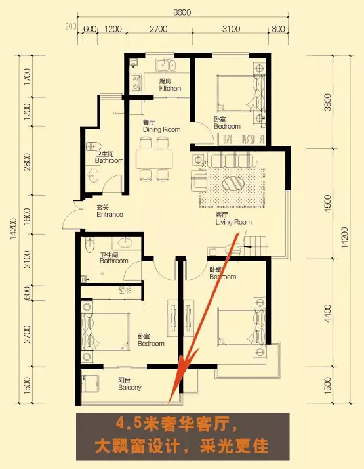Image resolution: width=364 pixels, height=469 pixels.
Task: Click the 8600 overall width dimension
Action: coord(182,12)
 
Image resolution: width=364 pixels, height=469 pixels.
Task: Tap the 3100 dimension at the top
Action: coord(231,29)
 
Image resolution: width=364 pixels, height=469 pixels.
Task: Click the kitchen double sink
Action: coord(166,66)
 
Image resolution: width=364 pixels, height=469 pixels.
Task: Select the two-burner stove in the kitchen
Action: coord(136,83)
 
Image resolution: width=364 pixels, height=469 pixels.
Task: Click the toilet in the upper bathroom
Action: coord(94,146)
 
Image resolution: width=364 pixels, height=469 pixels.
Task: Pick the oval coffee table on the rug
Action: coord(233,183)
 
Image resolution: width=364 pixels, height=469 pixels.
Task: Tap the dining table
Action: coord(154,159)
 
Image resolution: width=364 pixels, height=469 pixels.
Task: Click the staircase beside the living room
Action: coord(255,246)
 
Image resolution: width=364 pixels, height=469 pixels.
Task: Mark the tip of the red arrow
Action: coord(169,405)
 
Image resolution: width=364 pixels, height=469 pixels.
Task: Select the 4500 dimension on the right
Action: coord(328,204)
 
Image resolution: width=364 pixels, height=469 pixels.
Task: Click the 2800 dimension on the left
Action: coord(27,162)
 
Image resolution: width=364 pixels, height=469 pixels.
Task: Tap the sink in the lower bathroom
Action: coord(126,243)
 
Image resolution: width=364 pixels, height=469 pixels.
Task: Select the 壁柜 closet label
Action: coord(125,290)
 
